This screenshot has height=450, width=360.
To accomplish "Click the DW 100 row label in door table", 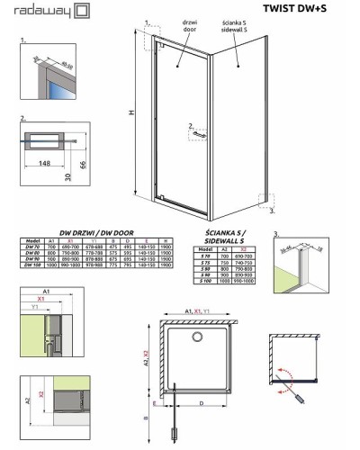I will [31, 266].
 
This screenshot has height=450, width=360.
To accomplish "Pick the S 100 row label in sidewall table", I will [206, 281].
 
